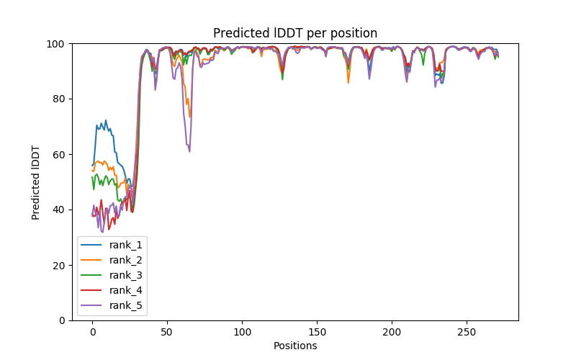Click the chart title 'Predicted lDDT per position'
pos(295,33)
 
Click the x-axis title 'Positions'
pos(295,346)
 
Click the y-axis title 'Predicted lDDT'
pos(36,181)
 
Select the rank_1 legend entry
pos(127,245)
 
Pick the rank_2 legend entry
pos(127,260)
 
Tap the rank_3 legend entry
pos(127,275)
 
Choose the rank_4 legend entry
pos(127,290)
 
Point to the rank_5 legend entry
pos(127,305)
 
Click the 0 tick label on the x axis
pos(92,331)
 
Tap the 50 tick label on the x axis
pos(167,331)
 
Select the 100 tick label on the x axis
pos(242,331)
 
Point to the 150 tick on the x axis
pos(317,331)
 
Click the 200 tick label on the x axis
pos(392,331)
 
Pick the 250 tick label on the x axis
pos(467,331)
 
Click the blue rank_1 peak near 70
pos(106,121)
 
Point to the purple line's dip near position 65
pos(189,151)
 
